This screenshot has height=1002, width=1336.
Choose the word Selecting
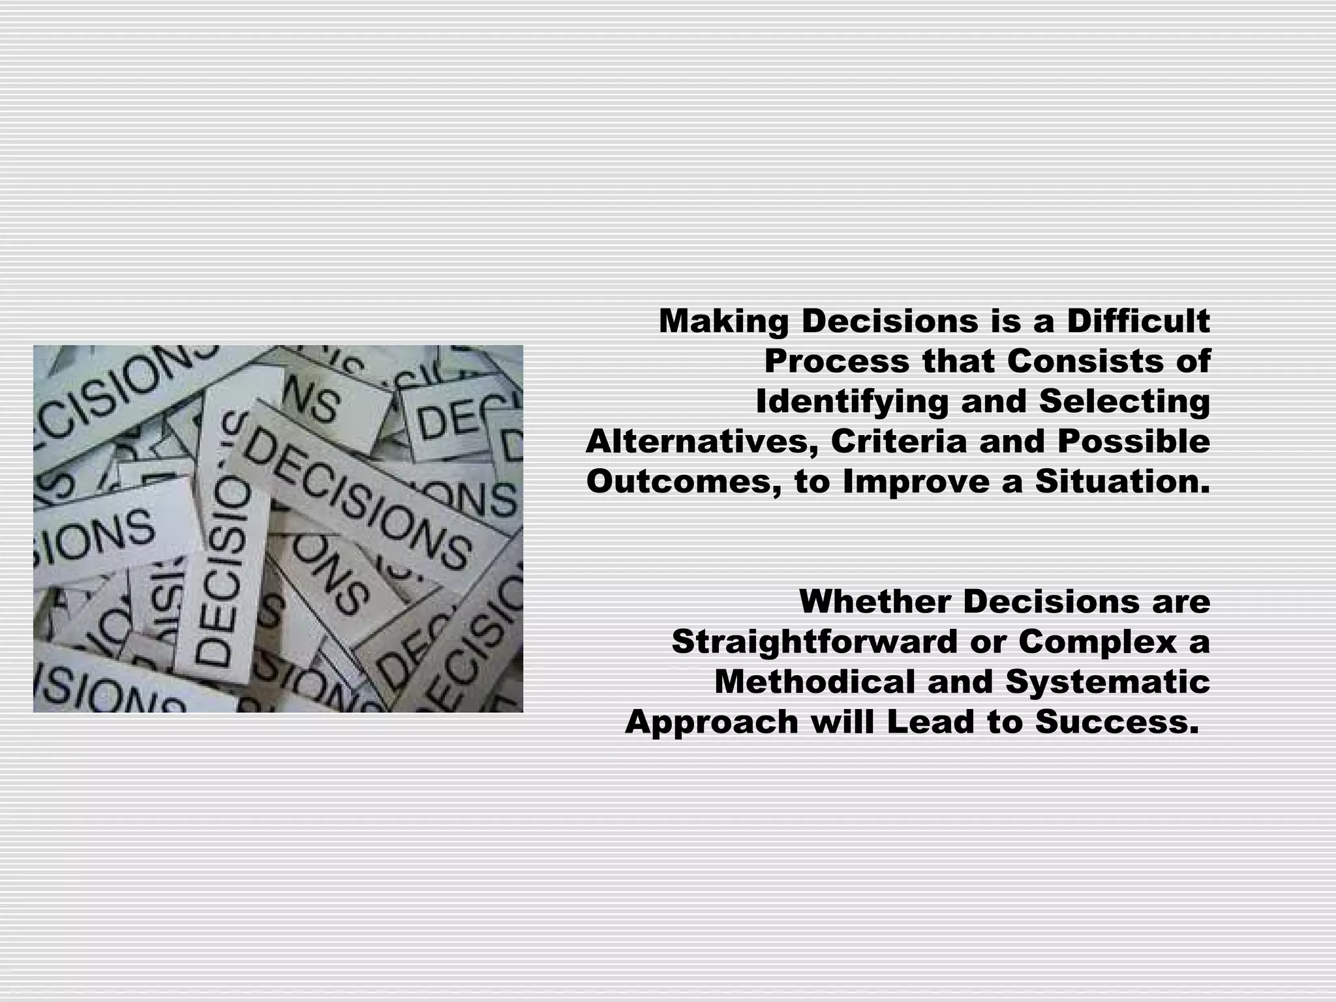pyautogui.click(x=1125, y=402)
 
